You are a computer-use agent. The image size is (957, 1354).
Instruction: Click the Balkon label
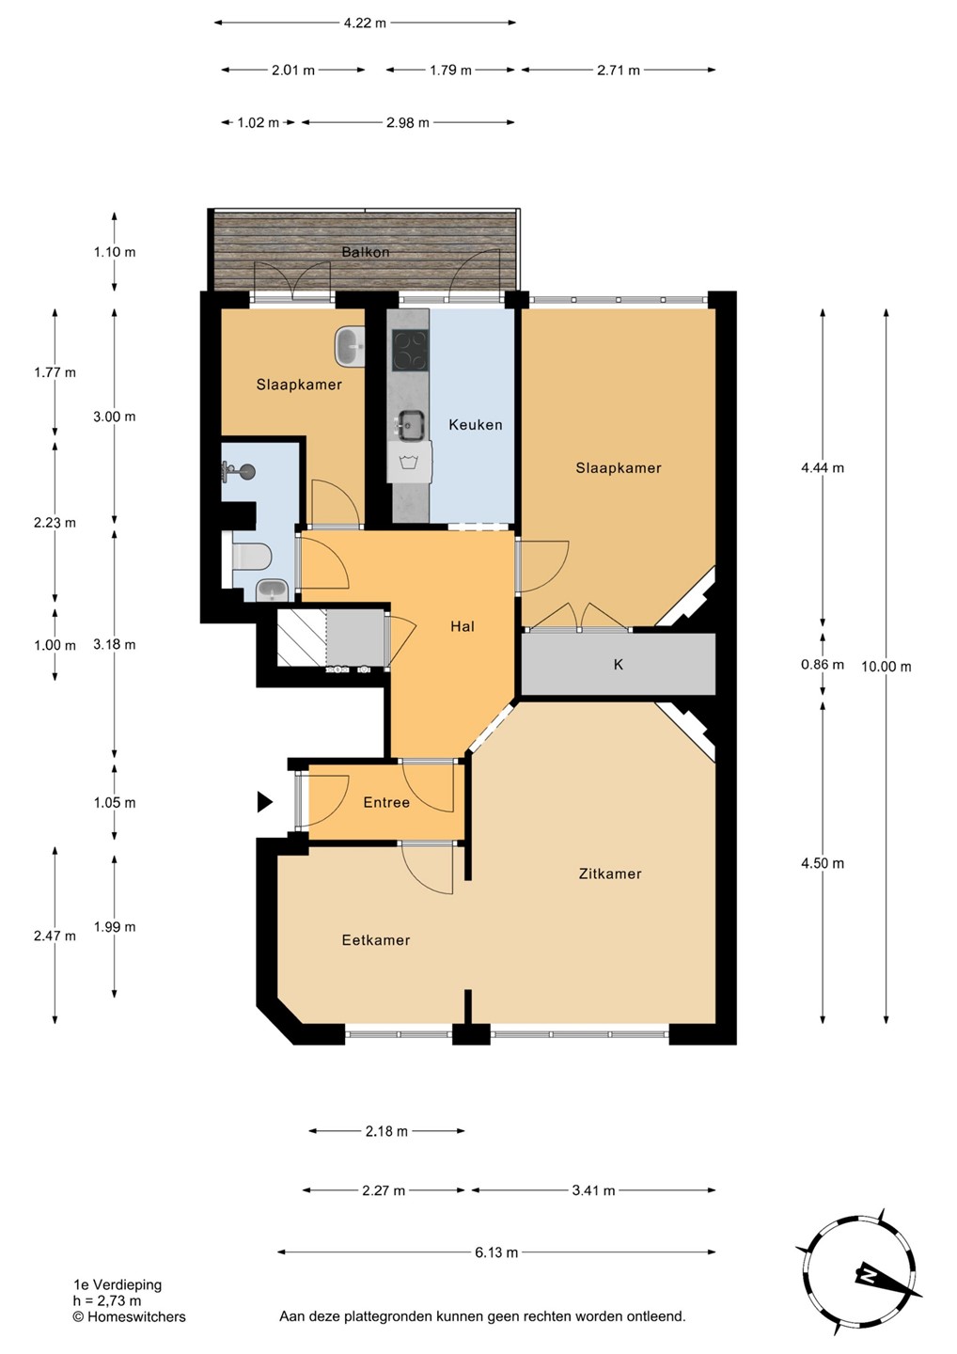(x=366, y=252)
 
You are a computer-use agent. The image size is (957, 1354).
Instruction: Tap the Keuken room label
(x=476, y=425)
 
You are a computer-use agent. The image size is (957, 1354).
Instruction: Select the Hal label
(x=463, y=627)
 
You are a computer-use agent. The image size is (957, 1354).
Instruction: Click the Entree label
(x=386, y=803)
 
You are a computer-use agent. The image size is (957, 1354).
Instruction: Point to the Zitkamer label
(x=610, y=874)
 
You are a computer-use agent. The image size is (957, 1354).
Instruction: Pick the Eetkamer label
(x=376, y=940)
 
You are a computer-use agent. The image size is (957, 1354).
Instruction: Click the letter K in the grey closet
(x=618, y=665)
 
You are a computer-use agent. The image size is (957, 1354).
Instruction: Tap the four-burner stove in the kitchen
(x=410, y=350)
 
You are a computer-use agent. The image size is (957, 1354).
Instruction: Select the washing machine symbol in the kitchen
(x=410, y=463)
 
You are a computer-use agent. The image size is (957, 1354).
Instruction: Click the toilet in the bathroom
(x=251, y=556)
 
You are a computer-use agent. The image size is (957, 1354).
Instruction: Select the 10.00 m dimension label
(x=886, y=667)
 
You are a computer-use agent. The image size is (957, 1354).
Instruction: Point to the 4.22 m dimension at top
(x=365, y=23)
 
